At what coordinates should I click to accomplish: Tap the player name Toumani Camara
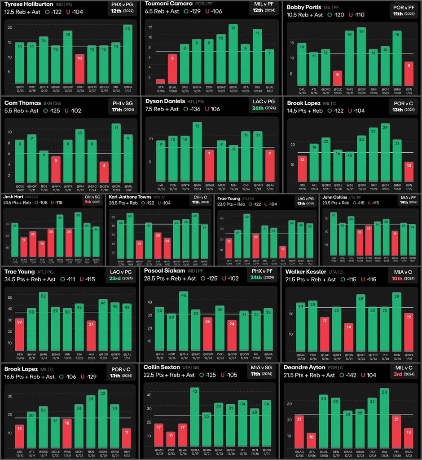click(168, 4)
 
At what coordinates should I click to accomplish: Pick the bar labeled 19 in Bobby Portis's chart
click(361, 56)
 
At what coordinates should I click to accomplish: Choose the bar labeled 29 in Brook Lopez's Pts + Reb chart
click(385, 153)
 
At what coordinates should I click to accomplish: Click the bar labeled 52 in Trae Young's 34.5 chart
click(44, 321)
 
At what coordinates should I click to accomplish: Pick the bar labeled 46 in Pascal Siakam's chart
click(183, 321)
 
